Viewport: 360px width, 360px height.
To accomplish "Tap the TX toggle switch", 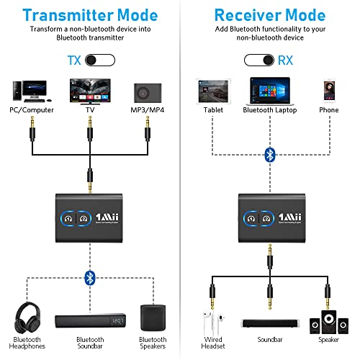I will [x=99, y=61].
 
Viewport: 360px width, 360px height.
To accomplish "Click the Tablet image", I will [x=208, y=90].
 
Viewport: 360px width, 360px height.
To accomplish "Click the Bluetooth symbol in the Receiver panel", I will [x=269, y=155].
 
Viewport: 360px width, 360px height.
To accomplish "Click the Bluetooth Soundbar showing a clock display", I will [x=89, y=320].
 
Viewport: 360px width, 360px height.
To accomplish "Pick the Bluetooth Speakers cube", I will [x=152, y=316].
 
